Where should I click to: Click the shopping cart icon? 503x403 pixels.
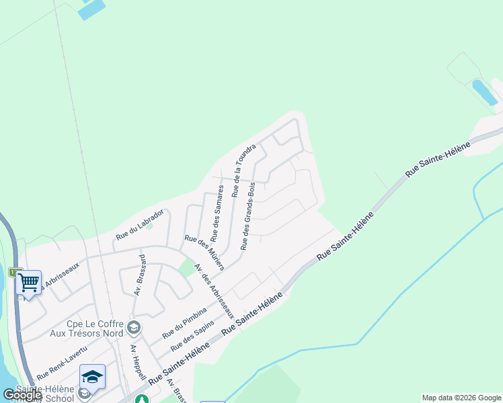click(28, 283)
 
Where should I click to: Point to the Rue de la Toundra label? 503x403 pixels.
click(244, 171)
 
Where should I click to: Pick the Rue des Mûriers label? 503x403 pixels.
click(204, 253)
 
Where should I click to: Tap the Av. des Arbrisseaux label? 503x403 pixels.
click(214, 291)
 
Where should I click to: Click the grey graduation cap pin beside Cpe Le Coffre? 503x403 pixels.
click(134, 327)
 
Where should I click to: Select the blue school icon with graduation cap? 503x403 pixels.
click(92, 377)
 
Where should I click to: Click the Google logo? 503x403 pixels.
click(22, 395)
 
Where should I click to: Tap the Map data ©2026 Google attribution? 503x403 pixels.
click(461, 398)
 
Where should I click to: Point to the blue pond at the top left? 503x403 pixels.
click(92, 9)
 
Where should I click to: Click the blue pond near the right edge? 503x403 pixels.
click(485, 92)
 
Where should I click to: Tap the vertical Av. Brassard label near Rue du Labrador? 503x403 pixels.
click(141, 275)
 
